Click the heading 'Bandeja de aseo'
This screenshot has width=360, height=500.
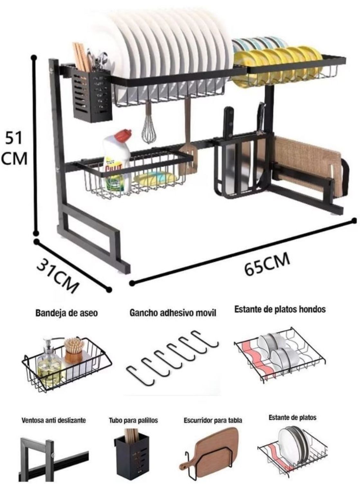pos(67,313)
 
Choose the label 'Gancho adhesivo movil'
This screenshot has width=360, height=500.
pos(173,313)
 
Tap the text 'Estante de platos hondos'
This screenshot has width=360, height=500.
pos(280,309)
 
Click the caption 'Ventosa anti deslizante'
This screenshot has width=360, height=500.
pos(53,420)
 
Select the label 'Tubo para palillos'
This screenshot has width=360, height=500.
pos(134,420)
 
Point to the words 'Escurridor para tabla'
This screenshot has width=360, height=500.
pos(213,420)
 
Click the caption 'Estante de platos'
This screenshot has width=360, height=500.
pos(292,417)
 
